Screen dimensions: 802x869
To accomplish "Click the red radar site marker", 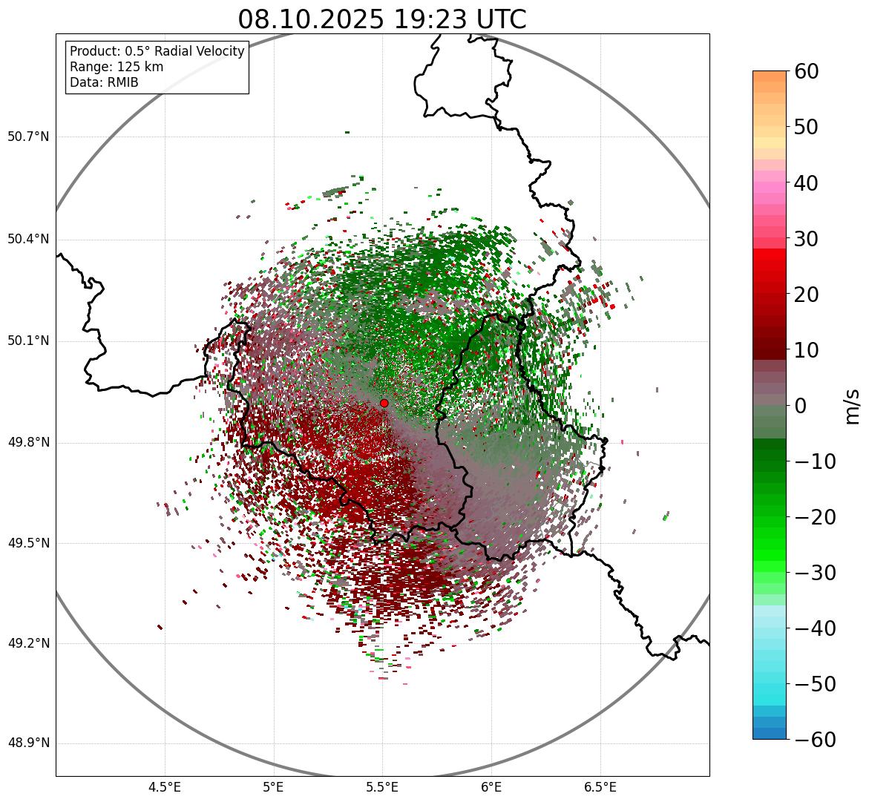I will [x=384, y=403].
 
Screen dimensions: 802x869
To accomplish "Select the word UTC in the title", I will [x=498, y=19].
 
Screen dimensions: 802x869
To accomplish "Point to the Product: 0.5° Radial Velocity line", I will [x=157, y=51].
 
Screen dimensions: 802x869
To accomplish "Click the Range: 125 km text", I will [x=117, y=67].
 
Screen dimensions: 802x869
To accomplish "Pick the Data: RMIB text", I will [x=104, y=82].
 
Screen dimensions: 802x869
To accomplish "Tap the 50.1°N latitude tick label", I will [x=28, y=341].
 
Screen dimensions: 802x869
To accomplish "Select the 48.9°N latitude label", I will [x=28, y=743].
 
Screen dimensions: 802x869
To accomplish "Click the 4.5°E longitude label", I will [x=165, y=787].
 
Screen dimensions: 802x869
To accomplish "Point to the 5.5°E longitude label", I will [x=382, y=787].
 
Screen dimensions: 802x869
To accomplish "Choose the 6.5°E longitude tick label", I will [x=600, y=787].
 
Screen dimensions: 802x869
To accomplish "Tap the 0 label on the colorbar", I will [x=801, y=406].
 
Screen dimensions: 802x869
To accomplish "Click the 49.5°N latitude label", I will [x=28, y=543].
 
